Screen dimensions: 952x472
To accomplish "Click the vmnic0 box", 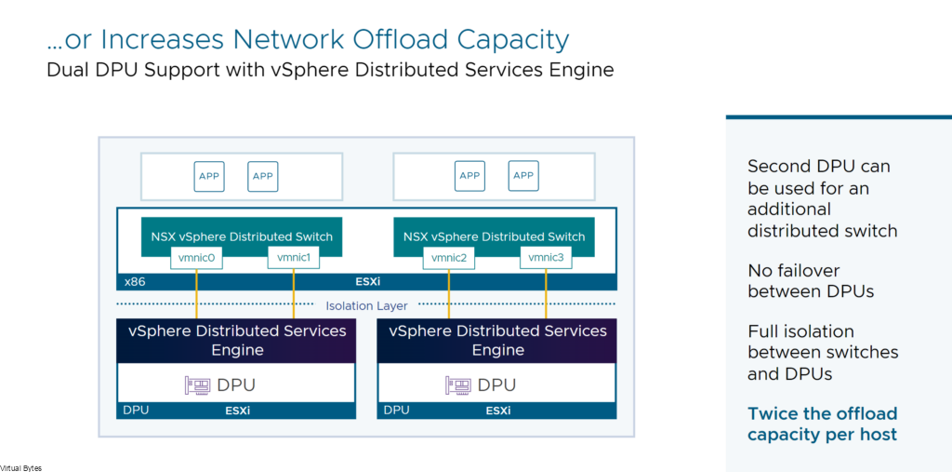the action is pos(196,258).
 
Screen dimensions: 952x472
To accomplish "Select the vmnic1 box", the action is pos(293,258).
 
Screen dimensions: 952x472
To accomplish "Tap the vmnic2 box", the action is pos(449,258).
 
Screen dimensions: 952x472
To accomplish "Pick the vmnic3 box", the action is pos(546,258).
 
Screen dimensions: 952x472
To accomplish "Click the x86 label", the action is pos(134,282).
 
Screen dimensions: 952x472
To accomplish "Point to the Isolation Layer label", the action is pos(366,305).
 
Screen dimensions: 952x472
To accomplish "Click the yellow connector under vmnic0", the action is pos(197,293).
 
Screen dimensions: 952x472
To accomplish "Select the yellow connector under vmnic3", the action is pos(546,293).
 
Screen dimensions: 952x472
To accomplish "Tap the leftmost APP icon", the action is pos(209,176).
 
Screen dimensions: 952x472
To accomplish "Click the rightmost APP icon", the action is pos(523,176).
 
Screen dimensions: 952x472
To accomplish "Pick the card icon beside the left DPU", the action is pos(197,385).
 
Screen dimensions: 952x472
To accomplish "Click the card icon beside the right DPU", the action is pos(458,385).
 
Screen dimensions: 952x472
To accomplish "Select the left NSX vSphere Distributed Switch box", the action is pos(242,236).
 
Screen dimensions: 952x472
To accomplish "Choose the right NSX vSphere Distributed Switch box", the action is pos(495,236).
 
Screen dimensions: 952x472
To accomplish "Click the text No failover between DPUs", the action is pos(811,280).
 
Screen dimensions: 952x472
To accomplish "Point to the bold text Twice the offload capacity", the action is pos(822,425).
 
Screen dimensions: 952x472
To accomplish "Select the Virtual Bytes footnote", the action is pos(20,467).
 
